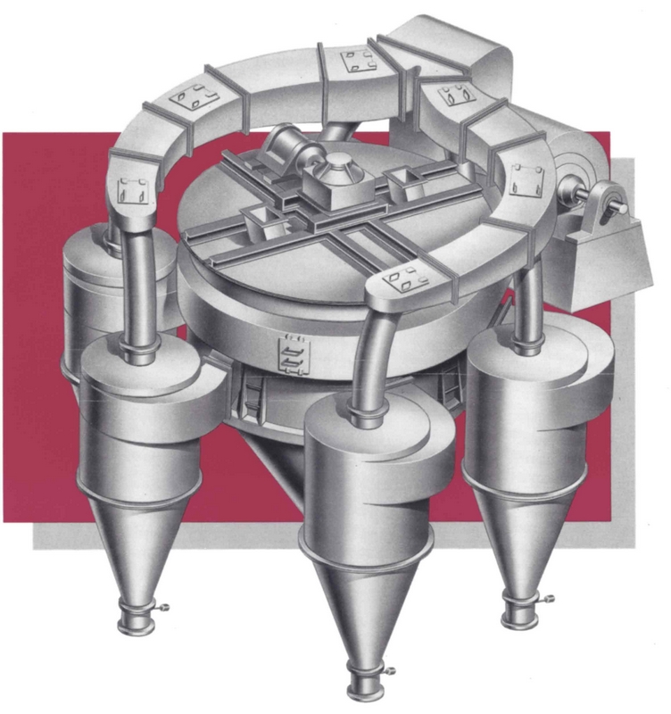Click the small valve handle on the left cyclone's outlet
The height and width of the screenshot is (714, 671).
click(163, 609)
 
